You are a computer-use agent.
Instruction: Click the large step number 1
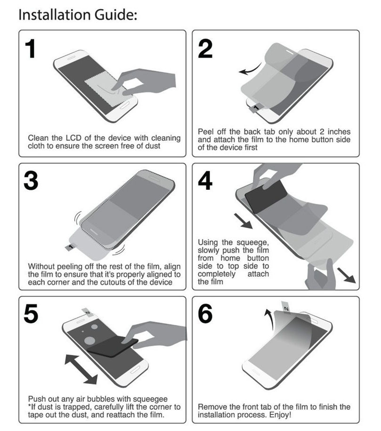[30, 49]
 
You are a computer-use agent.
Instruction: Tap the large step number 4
[205, 181]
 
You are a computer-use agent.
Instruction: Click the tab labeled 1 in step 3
[71, 246]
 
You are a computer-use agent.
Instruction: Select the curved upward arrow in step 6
[268, 314]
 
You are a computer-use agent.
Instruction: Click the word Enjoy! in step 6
[280, 415]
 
